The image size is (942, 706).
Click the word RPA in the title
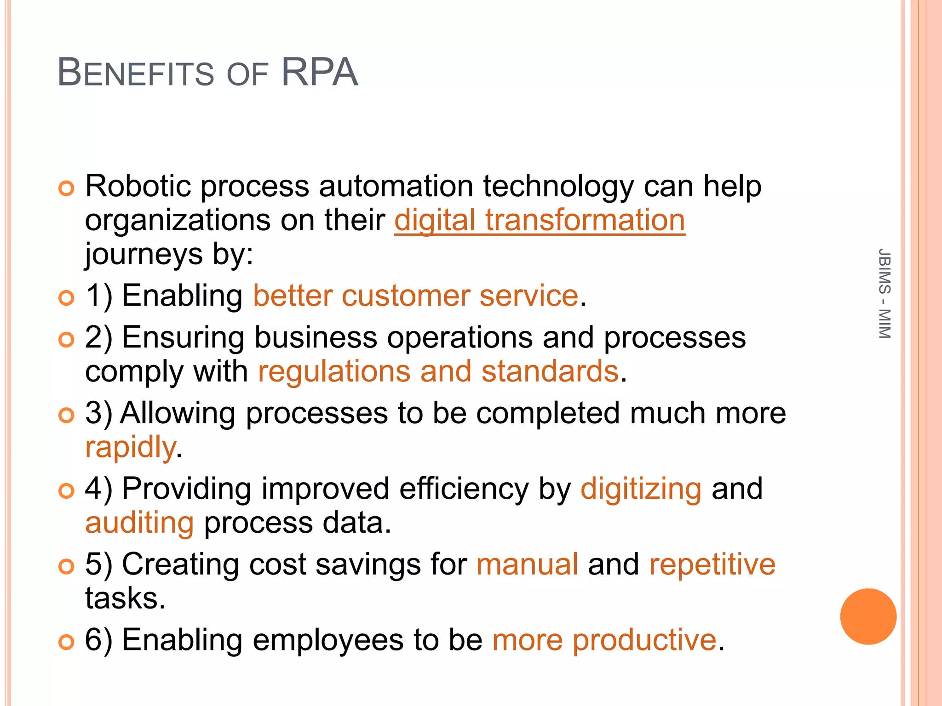(x=319, y=72)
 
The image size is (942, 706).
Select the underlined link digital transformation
(x=539, y=221)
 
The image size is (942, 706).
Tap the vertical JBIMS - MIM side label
(x=884, y=294)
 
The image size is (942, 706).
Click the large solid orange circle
(x=868, y=616)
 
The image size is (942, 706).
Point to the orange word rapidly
(x=131, y=447)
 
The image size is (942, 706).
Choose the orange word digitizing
(x=641, y=489)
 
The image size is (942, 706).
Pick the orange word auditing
(x=139, y=523)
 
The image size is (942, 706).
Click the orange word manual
(x=527, y=564)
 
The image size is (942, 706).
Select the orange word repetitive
(x=712, y=564)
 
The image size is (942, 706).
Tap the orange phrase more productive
(x=604, y=640)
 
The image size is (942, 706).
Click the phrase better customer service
(x=415, y=296)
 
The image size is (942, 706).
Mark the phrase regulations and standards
(x=438, y=371)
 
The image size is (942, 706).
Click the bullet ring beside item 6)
(x=67, y=642)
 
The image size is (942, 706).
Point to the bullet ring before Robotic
(x=67, y=188)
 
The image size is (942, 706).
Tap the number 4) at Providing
(x=98, y=489)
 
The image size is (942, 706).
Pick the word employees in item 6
(x=328, y=641)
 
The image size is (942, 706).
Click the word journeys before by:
(x=144, y=255)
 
